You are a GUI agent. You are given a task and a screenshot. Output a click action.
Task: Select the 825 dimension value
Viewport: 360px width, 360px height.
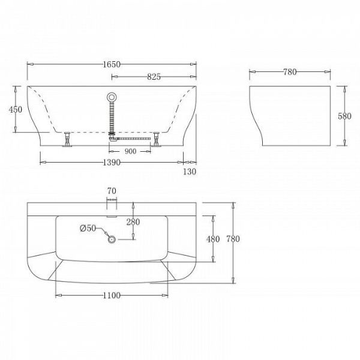[154, 76]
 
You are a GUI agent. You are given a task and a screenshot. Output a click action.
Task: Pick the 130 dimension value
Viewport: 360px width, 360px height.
[190, 171]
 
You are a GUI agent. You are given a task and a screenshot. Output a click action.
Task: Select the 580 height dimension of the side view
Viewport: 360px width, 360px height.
[351, 116]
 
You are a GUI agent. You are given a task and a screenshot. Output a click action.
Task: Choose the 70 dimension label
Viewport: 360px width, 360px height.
[111, 191]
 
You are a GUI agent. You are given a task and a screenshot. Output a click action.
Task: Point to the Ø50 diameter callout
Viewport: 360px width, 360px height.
[88, 227]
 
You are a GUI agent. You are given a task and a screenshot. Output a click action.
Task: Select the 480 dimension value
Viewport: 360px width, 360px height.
[213, 239]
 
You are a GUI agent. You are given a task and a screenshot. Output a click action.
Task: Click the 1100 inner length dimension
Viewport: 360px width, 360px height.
[112, 295]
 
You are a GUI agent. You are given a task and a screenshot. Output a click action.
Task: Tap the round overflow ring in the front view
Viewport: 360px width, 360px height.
[111, 96]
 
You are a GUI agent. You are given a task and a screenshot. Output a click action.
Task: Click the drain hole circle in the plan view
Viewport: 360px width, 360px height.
[112, 239]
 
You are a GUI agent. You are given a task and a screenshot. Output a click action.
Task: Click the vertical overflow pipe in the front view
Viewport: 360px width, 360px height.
[111, 117]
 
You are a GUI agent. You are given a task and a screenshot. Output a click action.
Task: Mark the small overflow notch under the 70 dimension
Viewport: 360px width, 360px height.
[111, 210]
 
